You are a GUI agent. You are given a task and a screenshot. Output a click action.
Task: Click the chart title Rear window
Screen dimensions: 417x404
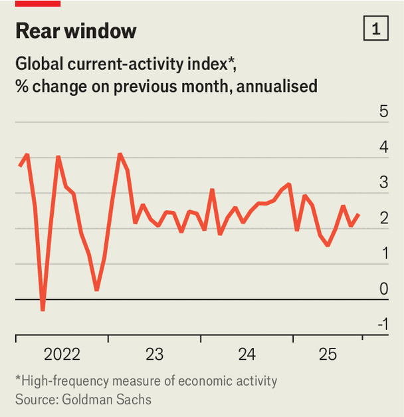pyautogui.click(x=76, y=31)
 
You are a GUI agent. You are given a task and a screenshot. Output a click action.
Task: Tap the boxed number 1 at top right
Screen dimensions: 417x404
pyautogui.click(x=376, y=29)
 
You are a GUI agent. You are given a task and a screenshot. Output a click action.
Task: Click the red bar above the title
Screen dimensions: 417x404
pyautogui.click(x=38, y=3)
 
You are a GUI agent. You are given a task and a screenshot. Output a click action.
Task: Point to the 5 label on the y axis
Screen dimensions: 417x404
pyautogui.click(x=383, y=111)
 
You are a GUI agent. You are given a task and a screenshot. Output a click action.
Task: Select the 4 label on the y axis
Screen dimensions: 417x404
pyautogui.click(x=383, y=147)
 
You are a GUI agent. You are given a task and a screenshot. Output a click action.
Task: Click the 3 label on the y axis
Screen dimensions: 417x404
pyautogui.click(x=383, y=182)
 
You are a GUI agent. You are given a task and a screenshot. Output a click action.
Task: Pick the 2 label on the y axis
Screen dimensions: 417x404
pyautogui.click(x=383, y=218)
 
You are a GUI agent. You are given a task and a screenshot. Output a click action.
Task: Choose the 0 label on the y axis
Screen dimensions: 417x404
pyautogui.click(x=383, y=289)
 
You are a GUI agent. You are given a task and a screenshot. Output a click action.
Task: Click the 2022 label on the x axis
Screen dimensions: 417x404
pyautogui.click(x=61, y=354)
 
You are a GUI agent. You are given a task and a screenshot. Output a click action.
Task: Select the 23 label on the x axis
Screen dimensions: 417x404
pyautogui.click(x=154, y=354)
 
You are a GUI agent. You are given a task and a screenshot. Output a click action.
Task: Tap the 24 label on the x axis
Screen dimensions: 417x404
pyautogui.click(x=247, y=354)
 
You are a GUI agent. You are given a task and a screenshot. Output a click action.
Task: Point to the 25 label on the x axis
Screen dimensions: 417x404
pyautogui.click(x=328, y=354)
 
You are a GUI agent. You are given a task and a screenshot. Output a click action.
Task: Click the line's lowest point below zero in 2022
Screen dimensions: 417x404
pyautogui.click(x=43, y=310)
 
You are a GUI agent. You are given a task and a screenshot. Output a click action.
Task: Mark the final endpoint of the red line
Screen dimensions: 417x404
pyautogui.click(x=359, y=214)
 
